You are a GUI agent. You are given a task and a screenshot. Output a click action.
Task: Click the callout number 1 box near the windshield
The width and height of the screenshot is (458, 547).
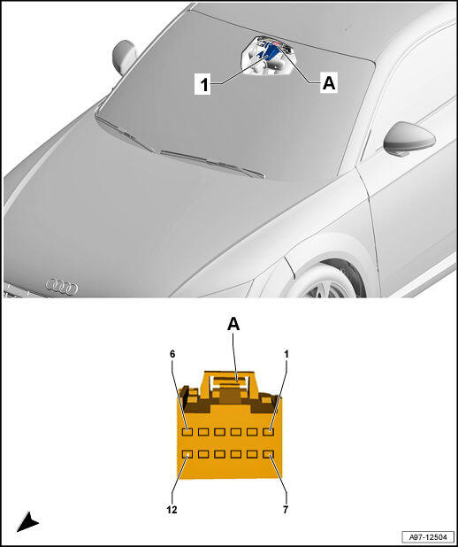pyautogui.click(x=202, y=84)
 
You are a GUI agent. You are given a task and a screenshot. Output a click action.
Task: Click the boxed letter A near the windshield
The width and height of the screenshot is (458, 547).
pyautogui.click(x=329, y=83)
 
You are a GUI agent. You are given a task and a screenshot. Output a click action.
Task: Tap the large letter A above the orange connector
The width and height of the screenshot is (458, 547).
pyautogui.click(x=233, y=325)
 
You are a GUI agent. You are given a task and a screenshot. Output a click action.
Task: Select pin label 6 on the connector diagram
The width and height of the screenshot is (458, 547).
pyautogui.click(x=172, y=354)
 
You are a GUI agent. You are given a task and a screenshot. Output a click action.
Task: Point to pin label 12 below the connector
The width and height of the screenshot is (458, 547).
pyautogui.click(x=172, y=510)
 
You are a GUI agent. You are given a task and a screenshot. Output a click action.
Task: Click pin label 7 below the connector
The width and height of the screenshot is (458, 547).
pyautogui.click(x=286, y=510)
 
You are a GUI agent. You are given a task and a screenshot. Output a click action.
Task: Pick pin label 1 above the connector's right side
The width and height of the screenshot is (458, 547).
pyautogui.click(x=286, y=354)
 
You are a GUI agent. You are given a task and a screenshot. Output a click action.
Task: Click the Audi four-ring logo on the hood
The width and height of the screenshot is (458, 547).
pyautogui.click(x=62, y=287)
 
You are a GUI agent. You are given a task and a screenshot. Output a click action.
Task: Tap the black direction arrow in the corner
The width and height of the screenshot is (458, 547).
pyautogui.click(x=27, y=522)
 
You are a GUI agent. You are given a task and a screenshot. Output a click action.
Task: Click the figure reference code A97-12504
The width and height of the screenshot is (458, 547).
pyautogui.click(x=428, y=536)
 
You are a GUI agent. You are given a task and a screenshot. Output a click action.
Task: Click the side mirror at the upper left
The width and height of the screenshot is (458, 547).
pyautogui.click(x=125, y=58)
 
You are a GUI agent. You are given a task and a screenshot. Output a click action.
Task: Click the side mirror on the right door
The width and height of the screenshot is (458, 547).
pyautogui.click(x=408, y=139)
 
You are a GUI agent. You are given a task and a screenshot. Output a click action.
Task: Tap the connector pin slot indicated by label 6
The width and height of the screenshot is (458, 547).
pyautogui.click(x=187, y=432)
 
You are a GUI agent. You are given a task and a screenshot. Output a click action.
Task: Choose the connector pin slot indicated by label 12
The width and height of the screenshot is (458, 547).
pyautogui.click(x=187, y=454)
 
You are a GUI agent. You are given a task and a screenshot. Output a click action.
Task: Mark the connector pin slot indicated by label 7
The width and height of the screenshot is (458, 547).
pyautogui.click(x=269, y=454)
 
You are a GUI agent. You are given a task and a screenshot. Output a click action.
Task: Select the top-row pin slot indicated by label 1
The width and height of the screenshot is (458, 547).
pyautogui.click(x=269, y=432)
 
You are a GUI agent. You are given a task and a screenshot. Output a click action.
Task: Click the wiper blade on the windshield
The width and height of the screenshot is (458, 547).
pyautogui.click(x=212, y=163)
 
